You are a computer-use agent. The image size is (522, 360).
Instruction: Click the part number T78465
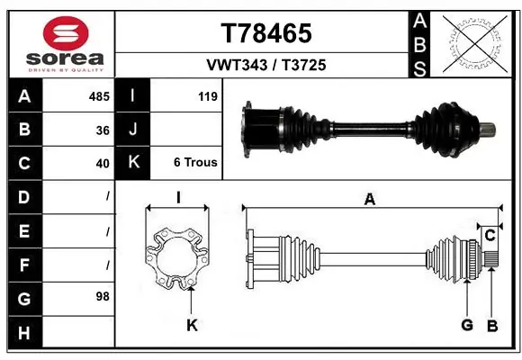(266, 34)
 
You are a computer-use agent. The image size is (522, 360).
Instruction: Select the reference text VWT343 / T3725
(266, 66)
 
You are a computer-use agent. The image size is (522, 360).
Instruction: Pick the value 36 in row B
(103, 130)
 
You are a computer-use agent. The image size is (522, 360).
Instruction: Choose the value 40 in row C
(103, 163)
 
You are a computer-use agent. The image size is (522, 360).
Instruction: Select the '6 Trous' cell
(194, 163)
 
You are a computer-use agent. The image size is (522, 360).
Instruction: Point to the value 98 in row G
(103, 296)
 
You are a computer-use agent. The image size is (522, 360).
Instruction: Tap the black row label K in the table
(132, 163)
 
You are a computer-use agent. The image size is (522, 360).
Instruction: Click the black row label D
(23, 196)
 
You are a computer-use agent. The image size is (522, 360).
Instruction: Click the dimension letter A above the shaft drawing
(369, 200)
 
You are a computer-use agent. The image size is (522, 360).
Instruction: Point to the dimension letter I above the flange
(178, 198)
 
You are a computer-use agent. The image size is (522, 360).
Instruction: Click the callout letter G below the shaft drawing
(466, 325)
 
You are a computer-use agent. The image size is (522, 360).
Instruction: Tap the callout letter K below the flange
(191, 325)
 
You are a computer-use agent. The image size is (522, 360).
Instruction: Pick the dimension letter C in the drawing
(490, 236)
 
